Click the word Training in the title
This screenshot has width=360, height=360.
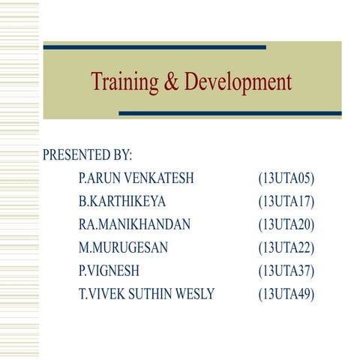[124, 81]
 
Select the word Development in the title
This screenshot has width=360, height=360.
[237, 82]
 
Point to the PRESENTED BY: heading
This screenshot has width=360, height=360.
[88, 155]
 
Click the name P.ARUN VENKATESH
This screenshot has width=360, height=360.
[136, 178]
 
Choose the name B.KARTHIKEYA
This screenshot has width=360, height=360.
[122, 202]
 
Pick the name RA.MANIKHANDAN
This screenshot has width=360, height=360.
[134, 224]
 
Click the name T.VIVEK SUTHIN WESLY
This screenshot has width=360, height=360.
[147, 294]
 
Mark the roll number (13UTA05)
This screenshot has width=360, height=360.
[286, 178]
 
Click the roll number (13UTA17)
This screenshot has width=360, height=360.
[286, 202]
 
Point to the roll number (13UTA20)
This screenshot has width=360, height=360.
[286, 224]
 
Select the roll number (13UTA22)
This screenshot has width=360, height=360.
[286, 247]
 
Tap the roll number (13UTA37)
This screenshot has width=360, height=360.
[286, 271]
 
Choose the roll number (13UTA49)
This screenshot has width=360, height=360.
[286, 294]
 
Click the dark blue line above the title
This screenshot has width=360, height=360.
[154, 47]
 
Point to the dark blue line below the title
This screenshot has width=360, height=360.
[230, 113]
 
